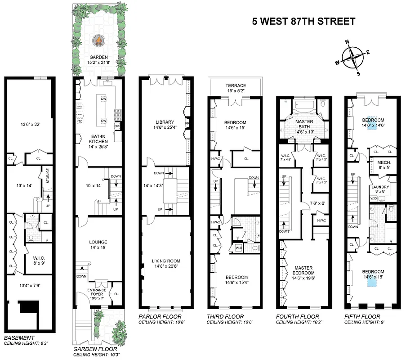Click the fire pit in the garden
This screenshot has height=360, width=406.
[x=98, y=42]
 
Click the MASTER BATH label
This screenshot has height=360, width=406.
[x=304, y=125]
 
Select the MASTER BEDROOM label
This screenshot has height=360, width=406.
[x=304, y=270]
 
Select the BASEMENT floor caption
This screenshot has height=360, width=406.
[x=19, y=337]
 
